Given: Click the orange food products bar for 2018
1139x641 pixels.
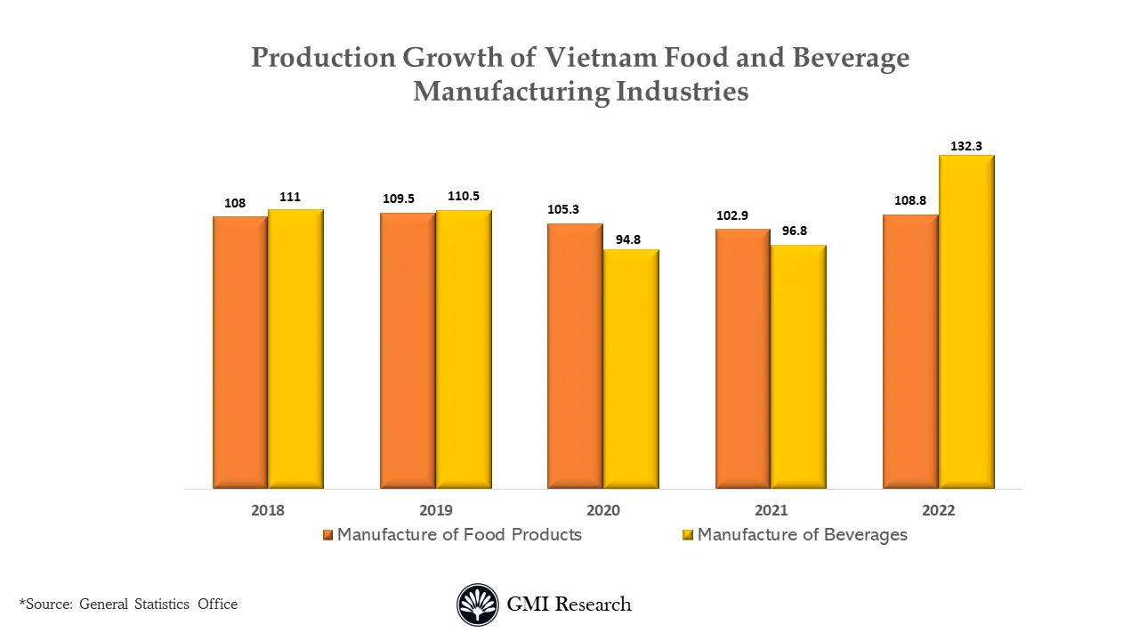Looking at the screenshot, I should pos(240,353).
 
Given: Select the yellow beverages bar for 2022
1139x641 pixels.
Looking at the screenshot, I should pos(966,321).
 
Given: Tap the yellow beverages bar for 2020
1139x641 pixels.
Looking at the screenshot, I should pos(631,369).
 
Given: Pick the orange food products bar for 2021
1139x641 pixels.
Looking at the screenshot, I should pos(743,359).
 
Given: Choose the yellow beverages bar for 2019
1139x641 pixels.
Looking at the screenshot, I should pos(464,349).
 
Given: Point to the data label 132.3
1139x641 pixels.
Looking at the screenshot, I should pos(966,146).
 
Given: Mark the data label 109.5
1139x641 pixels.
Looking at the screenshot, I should pos(399,199).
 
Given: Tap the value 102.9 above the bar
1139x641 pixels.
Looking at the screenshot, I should pos(732,215).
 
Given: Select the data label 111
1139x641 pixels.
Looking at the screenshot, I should pos(290,197).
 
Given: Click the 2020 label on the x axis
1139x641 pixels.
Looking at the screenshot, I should pos(603,511).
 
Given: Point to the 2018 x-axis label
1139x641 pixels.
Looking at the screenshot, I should pos(268,511).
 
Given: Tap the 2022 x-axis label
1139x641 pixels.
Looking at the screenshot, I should pos(938,511).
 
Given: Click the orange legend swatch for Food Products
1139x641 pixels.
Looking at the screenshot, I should pos(327,535).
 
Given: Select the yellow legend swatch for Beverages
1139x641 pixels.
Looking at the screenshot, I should pos(687,535).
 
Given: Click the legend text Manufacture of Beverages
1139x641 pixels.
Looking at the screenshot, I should pos(802,535).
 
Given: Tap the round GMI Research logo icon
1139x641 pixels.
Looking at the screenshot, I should pos(478,604).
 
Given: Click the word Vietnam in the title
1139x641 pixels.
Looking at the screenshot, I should pos(602,58).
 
